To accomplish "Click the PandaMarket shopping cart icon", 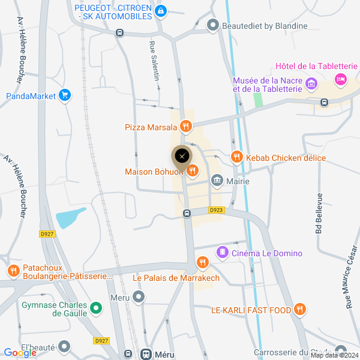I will (65, 95).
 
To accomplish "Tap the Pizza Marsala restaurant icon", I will (186, 127).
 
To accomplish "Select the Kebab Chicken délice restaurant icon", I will (237, 157).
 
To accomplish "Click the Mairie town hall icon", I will (217, 181).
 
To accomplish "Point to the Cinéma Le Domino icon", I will (223, 253).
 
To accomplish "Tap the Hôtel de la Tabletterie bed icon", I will (341, 79).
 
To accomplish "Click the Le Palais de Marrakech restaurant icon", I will (203, 263).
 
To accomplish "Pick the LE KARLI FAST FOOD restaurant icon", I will (301, 310).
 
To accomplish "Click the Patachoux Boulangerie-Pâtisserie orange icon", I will (13, 271).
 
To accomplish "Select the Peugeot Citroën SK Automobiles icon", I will (160, 11).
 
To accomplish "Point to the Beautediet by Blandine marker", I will (212, 25).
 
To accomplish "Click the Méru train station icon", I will (146, 354).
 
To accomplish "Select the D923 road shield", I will (217, 210).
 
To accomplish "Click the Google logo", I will (20, 353).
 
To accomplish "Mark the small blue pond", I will (71, 217).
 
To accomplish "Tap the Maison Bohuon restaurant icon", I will (192, 172).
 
